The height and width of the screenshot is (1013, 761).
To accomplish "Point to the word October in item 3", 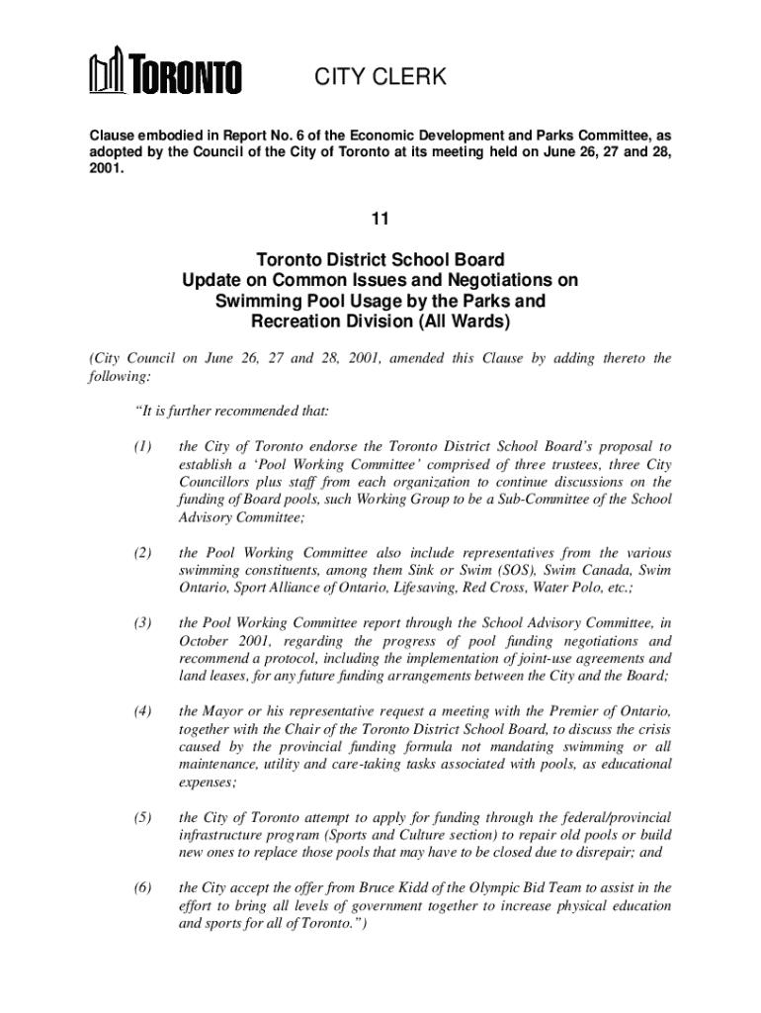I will point(206,641).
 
